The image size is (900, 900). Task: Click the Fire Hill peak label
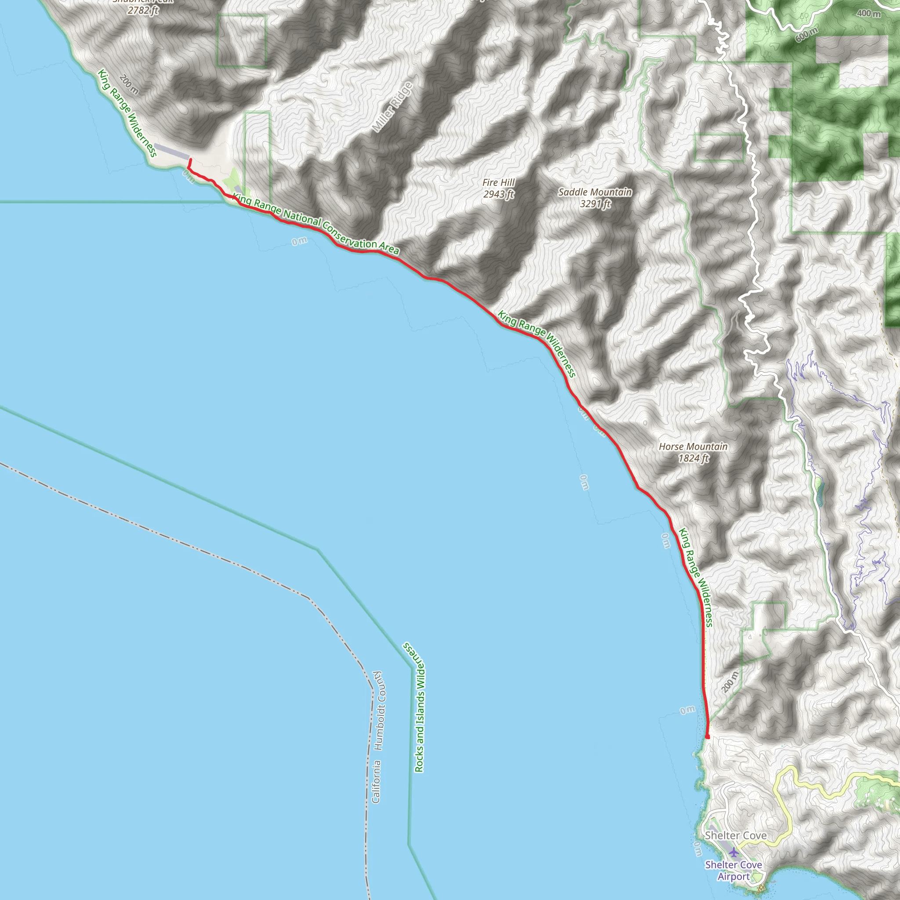click(498, 183)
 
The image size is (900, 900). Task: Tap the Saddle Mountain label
click(595, 192)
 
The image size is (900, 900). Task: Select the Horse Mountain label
click(693, 447)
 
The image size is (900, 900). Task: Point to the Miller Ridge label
click(393, 107)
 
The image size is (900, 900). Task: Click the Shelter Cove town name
click(736, 835)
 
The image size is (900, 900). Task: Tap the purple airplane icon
click(734, 853)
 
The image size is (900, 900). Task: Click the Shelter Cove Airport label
click(733, 870)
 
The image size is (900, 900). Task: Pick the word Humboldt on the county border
click(378, 711)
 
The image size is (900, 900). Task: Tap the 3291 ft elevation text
click(595, 203)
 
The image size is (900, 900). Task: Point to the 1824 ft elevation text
click(693, 458)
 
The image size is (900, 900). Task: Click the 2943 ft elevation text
click(498, 194)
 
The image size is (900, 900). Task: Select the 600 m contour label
click(806, 34)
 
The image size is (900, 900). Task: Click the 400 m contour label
click(869, 14)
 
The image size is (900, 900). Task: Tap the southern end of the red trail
click(708, 737)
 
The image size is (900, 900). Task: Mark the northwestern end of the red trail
click(189, 160)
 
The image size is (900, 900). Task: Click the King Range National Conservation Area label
click(316, 225)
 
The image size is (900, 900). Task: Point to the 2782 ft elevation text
click(143, 10)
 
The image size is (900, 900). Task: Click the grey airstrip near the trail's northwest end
click(171, 152)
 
